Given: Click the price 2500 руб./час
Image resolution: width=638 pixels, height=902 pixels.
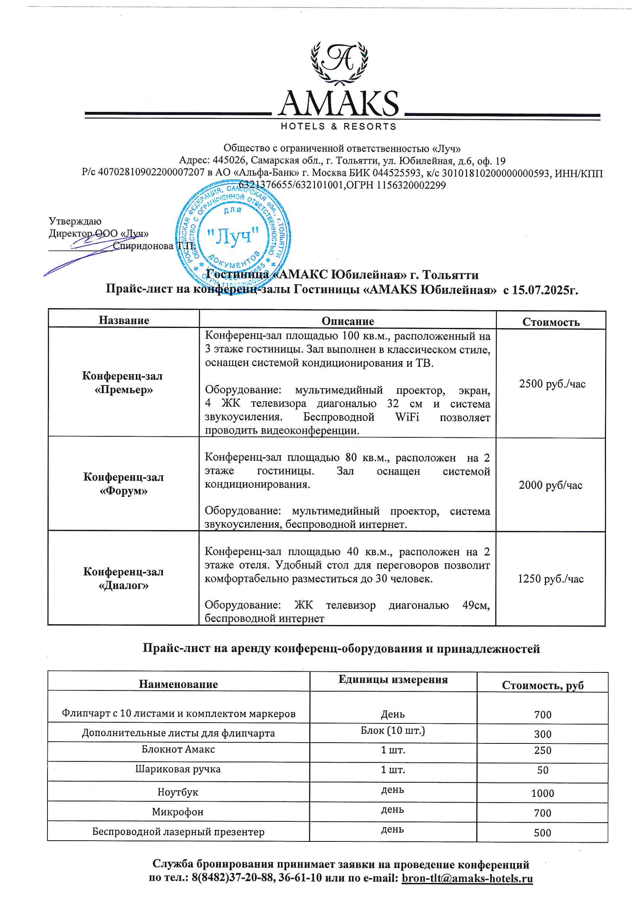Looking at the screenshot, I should (552, 384).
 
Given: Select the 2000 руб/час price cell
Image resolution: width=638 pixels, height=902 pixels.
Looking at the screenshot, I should (550, 485).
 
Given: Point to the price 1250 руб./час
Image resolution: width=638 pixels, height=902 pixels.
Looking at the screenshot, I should (550, 579).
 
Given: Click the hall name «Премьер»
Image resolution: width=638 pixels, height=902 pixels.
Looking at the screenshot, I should (124, 390).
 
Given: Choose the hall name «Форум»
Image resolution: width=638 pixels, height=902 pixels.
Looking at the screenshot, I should (124, 491).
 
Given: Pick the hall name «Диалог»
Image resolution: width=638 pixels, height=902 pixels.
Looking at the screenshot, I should (124, 585).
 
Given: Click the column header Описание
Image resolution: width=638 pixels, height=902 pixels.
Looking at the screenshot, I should (347, 321).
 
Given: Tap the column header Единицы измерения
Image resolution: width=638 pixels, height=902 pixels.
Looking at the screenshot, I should (393, 679).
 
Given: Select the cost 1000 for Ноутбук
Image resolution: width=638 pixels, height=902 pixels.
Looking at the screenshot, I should (543, 793).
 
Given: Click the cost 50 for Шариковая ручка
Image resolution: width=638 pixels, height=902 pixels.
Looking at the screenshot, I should (543, 770).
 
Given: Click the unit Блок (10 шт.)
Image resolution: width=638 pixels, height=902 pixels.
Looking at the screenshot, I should (393, 730).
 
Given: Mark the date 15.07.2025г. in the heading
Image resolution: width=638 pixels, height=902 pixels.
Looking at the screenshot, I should (545, 290).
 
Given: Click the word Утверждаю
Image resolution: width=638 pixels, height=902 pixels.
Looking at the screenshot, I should (75, 221).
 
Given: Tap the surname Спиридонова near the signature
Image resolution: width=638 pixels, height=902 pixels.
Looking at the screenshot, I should (143, 246).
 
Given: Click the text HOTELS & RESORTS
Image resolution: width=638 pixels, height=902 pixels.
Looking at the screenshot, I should (338, 127).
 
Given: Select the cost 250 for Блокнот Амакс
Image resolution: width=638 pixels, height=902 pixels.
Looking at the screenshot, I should (543, 750).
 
